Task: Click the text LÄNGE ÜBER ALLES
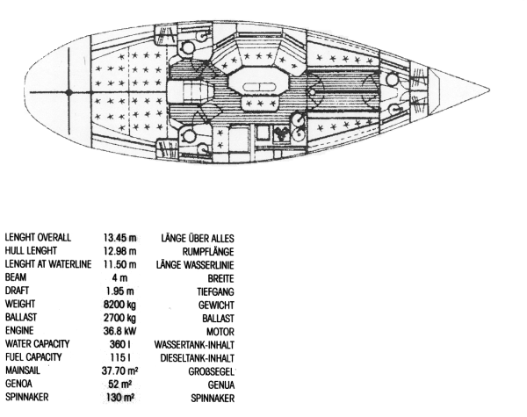click(x=199, y=238)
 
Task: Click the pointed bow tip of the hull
click(x=488, y=90)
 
